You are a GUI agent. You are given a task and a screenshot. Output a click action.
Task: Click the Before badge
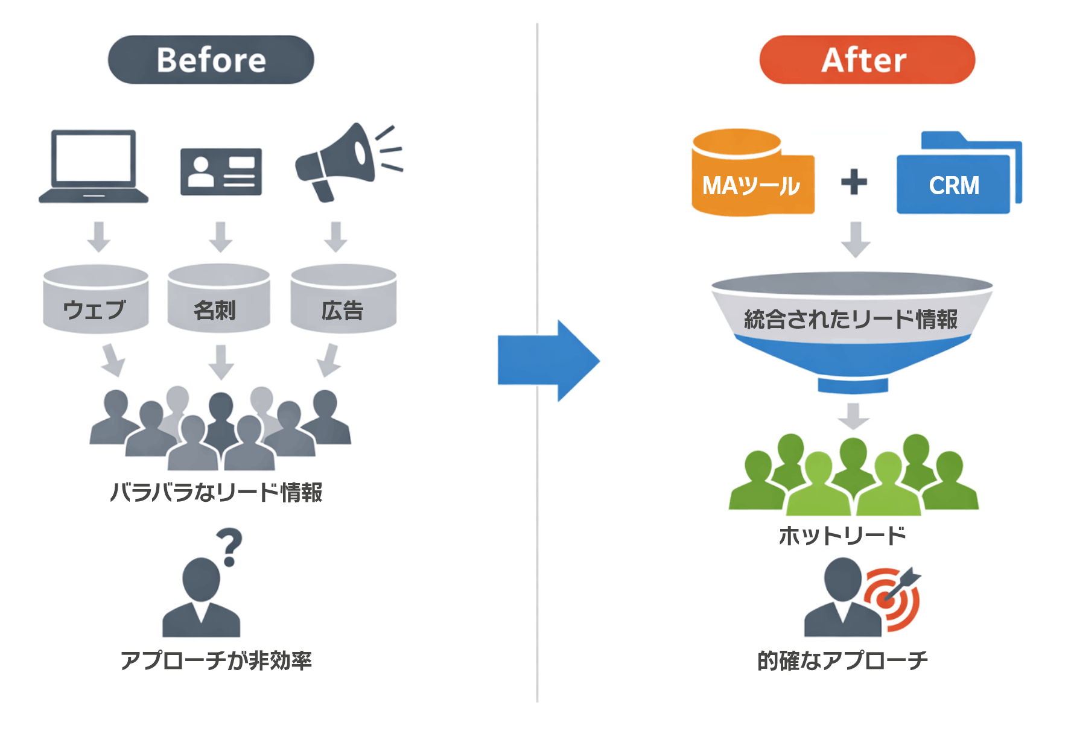211,60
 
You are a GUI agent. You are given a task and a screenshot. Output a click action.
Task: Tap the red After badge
866,60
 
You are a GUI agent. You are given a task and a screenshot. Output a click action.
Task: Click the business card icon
221,172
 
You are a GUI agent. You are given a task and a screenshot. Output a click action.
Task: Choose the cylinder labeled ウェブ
95,300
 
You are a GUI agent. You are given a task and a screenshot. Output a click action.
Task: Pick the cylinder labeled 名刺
218,299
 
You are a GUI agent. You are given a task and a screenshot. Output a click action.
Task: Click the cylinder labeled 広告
343,299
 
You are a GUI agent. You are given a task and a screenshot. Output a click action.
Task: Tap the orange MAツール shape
752,175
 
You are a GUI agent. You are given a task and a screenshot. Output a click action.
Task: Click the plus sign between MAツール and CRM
854,182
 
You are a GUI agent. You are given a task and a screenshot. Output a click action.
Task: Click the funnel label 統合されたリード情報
851,319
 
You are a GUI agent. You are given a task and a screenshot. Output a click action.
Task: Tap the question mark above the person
229,546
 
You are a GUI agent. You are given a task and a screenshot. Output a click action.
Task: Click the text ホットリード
842,536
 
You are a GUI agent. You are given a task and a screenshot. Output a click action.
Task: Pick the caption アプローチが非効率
216,660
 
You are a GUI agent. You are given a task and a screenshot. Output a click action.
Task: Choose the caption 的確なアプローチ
842,660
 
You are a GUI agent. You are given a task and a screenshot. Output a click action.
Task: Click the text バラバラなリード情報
216,492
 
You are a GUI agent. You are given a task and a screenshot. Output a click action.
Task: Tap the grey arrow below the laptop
99,236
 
